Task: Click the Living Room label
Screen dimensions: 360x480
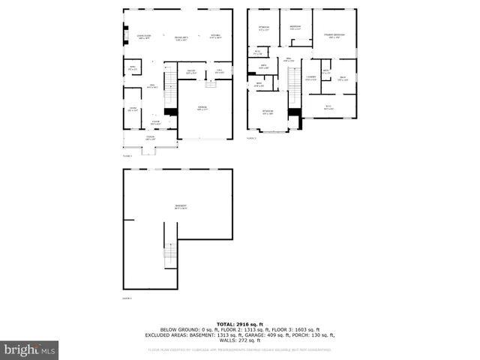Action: pyautogui.click(x=144, y=37)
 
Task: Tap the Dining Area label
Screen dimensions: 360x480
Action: pyautogui.click(x=181, y=38)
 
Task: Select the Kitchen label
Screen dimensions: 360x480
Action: pyautogui.click(x=215, y=37)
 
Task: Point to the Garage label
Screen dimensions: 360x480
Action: pyautogui.click(x=202, y=109)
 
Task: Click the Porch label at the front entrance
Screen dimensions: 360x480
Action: pyautogui.click(x=150, y=138)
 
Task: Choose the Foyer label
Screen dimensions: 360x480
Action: pyautogui.click(x=156, y=123)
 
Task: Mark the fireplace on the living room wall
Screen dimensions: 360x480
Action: pyautogui.click(x=125, y=34)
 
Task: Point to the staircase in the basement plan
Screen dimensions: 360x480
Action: pyautogui.click(x=170, y=256)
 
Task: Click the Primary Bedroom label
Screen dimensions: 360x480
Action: pyautogui.click(x=334, y=35)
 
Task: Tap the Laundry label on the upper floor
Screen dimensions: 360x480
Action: pyautogui.click(x=310, y=77)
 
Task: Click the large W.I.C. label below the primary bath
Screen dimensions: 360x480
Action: pyautogui.click(x=328, y=106)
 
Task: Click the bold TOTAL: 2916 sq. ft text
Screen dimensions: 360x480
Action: pyautogui.click(x=239, y=323)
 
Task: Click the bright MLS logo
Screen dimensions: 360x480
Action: pyautogui.click(x=30, y=349)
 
